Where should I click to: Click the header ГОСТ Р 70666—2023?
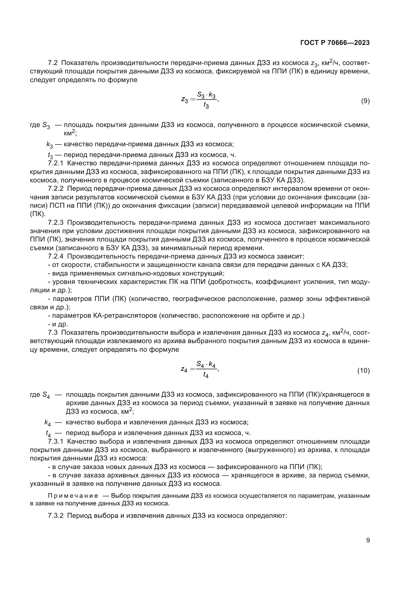(335, 43)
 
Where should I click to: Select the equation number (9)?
(365, 101)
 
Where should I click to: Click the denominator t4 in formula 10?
(206, 375)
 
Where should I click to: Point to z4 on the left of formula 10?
(184, 369)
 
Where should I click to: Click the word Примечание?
(73, 496)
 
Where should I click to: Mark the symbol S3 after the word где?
(46, 126)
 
